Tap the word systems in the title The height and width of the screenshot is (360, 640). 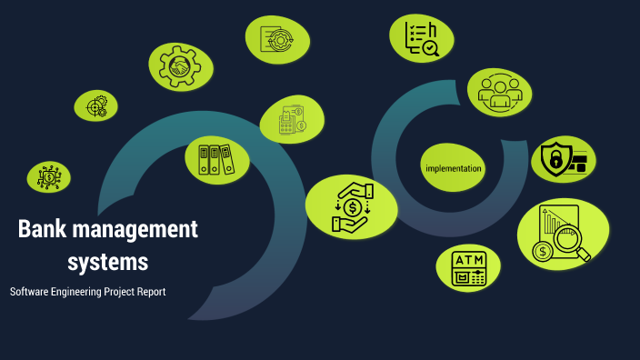pyautogui.click(x=107, y=262)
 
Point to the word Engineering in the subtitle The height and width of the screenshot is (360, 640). pyautogui.click(x=80, y=293)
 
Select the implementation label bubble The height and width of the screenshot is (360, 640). pyautogui.click(x=453, y=168)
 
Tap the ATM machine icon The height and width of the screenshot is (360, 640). pyautogui.click(x=469, y=268)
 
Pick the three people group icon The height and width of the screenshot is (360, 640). pyautogui.click(x=499, y=92)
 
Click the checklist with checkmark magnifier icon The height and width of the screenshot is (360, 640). pyautogui.click(x=422, y=37)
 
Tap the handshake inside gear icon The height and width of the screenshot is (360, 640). pyautogui.click(x=181, y=66)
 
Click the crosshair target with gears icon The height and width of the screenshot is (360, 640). pyautogui.click(x=95, y=106)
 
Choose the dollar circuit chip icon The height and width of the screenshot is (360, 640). pyautogui.click(x=48, y=176)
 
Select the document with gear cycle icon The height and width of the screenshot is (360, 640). pyautogui.click(x=276, y=39)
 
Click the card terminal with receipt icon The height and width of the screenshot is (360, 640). pyautogui.click(x=292, y=120)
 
